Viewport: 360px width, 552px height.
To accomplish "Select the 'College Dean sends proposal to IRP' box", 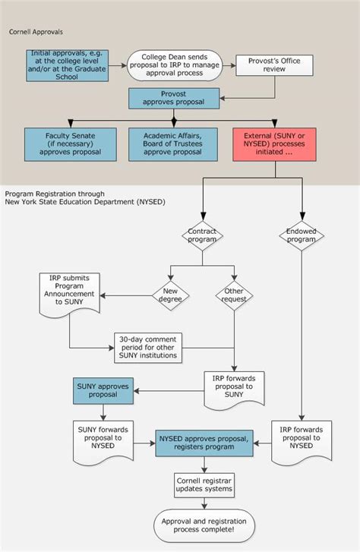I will point(174,65).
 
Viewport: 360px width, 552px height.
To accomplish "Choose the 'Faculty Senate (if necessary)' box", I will point(69,144).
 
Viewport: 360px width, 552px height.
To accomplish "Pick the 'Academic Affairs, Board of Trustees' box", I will point(174,144).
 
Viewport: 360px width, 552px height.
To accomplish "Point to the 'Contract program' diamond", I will point(202,237).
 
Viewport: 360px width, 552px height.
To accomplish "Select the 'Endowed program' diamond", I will point(301,237).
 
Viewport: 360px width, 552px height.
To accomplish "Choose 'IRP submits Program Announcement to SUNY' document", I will point(70,294).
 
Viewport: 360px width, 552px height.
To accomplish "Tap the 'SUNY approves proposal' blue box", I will point(103,390).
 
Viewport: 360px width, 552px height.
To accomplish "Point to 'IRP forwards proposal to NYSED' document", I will point(302,440).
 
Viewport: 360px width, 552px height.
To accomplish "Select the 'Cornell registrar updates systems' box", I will point(204,484).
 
